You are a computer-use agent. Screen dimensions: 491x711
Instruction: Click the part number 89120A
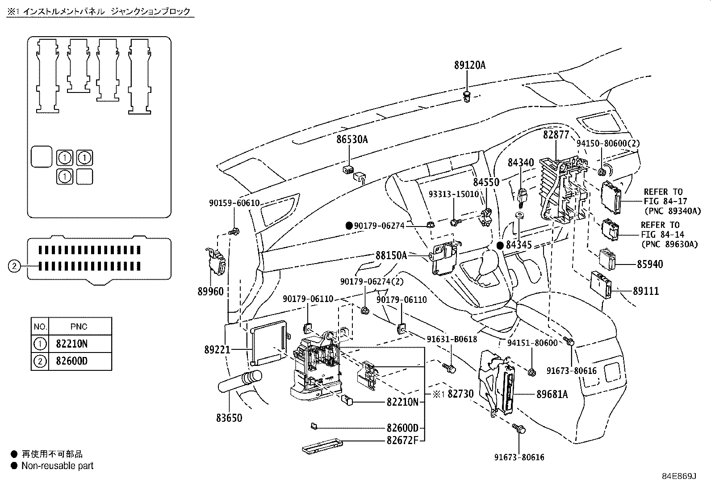tap(469, 65)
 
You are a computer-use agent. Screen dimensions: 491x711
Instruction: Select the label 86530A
tap(352, 140)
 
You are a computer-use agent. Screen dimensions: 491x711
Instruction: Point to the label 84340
tap(520, 163)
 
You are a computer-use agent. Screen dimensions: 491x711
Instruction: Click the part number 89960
tap(210, 291)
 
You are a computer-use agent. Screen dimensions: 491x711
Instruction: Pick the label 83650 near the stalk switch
tap(229, 418)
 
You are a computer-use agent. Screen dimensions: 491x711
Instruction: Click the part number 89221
tap(217, 349)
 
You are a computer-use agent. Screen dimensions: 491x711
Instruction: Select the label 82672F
tap(402, 440)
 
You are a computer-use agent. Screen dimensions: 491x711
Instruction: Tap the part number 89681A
tap(552, 394)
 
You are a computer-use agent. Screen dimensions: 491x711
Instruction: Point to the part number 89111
tap(646, 291)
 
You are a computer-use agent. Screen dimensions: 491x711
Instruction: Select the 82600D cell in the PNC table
tap(72, 361)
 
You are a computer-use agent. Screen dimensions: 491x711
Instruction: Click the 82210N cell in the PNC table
tap(72, 344)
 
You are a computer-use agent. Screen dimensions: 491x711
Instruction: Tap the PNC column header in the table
tap(79, 327)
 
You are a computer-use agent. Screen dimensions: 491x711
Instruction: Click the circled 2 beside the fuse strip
tap(14, 266)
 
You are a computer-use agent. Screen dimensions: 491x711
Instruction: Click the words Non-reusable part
tap(57, 466)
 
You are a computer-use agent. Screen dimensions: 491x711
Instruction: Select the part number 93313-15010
tap(453, 194)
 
